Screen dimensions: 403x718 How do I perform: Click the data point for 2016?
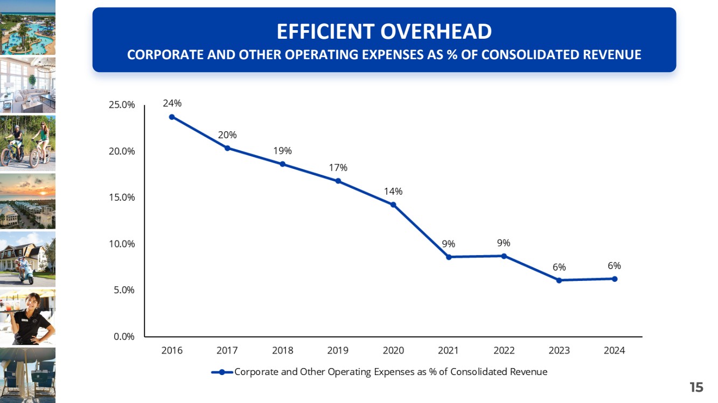tap(172, 117)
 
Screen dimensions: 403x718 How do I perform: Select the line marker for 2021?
tap(448, 257)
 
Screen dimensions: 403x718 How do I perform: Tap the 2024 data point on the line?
tap(614, 279)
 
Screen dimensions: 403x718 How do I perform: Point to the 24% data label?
tap(172, 103)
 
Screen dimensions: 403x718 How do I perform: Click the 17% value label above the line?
tap(338, 168)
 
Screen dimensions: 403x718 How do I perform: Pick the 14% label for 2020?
tap(393, 192)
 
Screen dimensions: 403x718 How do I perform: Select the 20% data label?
tap(227, 135)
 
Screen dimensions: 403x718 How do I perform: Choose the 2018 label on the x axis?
tap(282, 350)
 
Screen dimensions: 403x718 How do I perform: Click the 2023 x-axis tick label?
tap(559, 350)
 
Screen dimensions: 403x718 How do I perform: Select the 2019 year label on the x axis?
tap(338, 350)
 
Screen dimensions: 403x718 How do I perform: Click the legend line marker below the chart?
tap(221, 372)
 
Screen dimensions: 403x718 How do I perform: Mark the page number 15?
tap(696, 387)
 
